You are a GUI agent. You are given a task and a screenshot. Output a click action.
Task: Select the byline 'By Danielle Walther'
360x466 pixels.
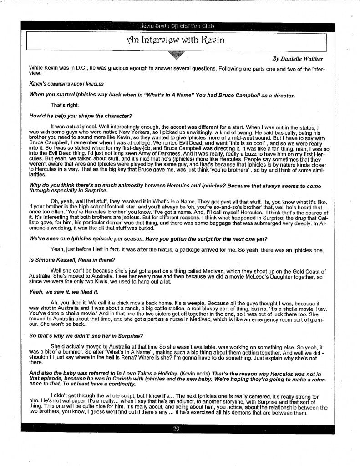(x=298, y=59)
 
